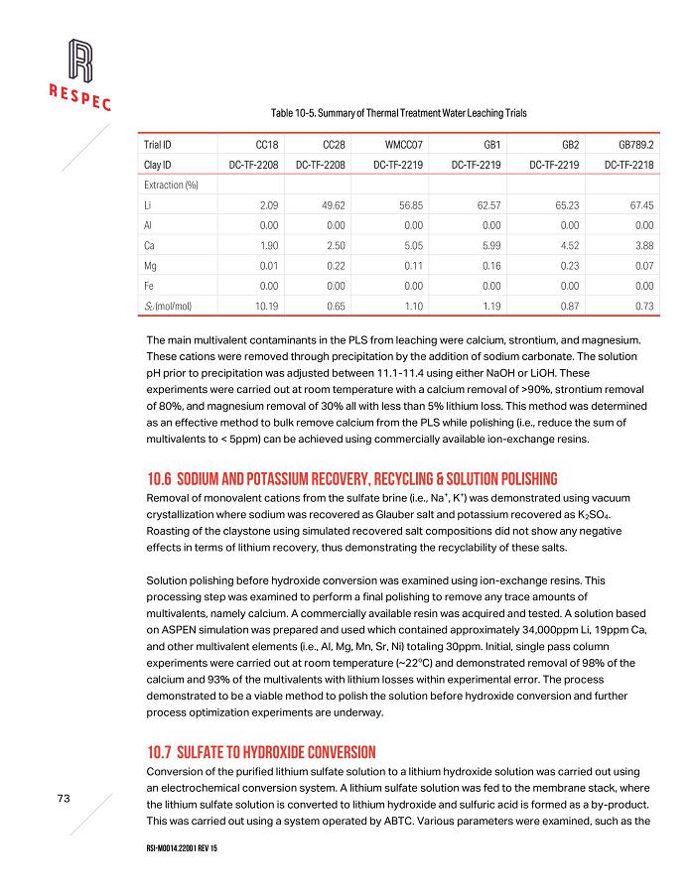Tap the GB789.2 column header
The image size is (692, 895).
tap(635, 144)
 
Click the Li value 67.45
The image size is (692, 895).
tap(641, 205)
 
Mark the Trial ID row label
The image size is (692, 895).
tap(159, 144)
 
